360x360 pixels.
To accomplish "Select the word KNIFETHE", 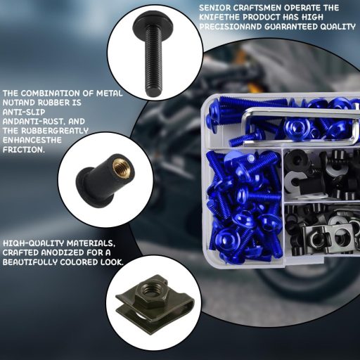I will click(x=221, y=17).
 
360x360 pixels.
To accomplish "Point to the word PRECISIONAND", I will click(x=232, y=27).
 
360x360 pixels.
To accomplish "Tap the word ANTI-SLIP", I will click(x=23, y=111).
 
